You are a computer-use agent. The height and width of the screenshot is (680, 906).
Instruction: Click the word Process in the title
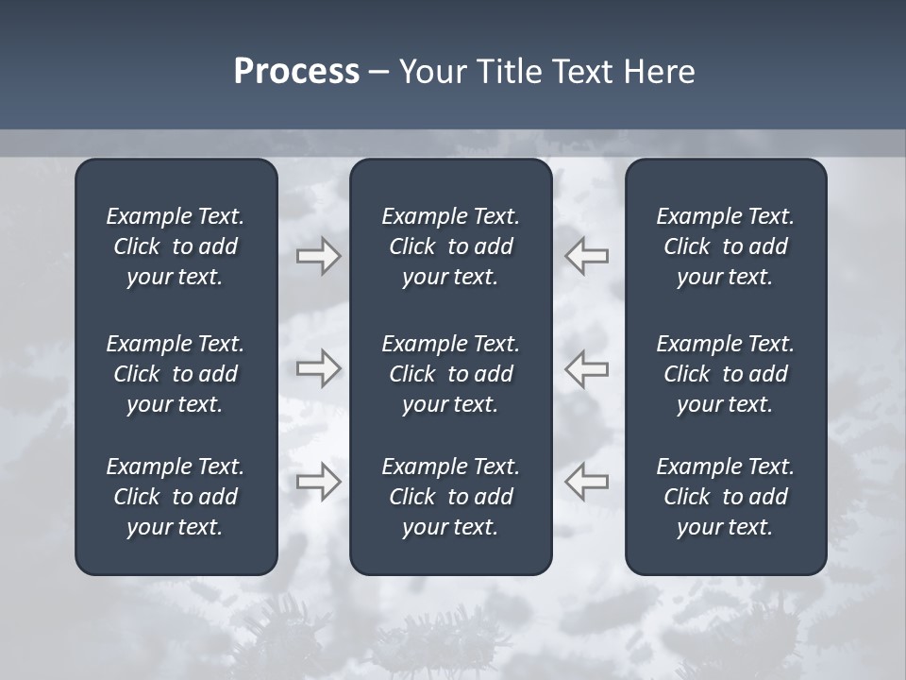[x=296, y=72]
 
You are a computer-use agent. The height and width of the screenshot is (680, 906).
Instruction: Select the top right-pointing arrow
[x=318, y=256]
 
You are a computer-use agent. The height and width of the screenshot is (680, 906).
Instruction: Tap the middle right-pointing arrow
[x=318, y=367]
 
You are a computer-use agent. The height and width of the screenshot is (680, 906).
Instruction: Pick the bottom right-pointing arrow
[x=318, y=481]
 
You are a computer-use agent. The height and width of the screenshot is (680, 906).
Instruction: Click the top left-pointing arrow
[x=586, y=256]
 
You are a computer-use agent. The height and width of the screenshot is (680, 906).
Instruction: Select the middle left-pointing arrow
[x=586, y=367]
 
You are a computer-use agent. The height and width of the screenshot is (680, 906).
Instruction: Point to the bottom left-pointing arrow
[x=586, y=481]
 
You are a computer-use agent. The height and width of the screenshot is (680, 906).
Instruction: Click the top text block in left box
[x=176, y=246]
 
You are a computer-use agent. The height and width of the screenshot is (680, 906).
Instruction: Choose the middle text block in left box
[x=176, y=374]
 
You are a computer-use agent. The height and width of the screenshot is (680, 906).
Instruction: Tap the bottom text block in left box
[x=176, y=497]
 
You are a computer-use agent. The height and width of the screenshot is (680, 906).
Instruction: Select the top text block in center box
[x=450, y=246]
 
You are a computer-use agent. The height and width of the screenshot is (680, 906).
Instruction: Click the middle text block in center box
[x=450, y=374]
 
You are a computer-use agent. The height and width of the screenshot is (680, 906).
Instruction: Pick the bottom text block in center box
[x=450, y=497]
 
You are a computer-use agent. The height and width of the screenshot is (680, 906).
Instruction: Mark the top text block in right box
[x=725, y=246]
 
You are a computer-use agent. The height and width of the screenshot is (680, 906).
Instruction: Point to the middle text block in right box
[x=725, y=374]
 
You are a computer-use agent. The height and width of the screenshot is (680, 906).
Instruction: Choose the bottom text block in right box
[x=725, y=497]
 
